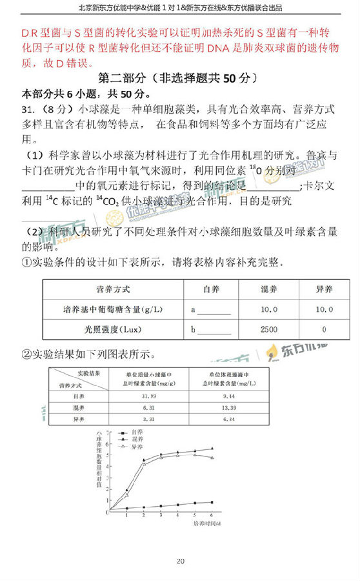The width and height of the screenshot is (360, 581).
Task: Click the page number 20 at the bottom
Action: [x=180, y=561]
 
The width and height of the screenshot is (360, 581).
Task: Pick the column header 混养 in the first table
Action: [x=269, y=289]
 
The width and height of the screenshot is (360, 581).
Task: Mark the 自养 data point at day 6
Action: [x=212, y=502]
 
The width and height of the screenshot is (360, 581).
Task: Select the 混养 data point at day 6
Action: [x=212, y=449]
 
